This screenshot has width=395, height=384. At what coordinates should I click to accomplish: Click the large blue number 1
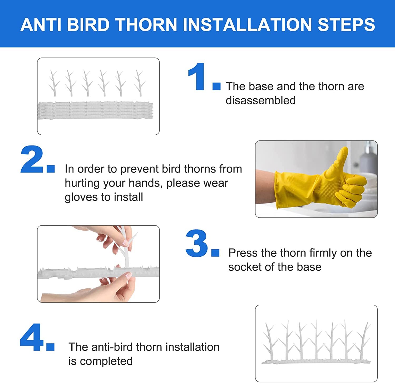(x=197, y=77)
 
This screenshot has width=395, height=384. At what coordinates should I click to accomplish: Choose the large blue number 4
(x=32, y=338)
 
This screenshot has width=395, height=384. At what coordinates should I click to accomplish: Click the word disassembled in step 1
(x=260, y=100)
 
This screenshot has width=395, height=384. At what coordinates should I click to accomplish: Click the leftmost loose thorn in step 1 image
(x=54, y=83)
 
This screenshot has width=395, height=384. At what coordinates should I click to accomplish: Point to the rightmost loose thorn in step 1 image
(x=140, y=83)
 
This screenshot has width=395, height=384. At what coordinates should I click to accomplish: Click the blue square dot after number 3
(x=215, y=253)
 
